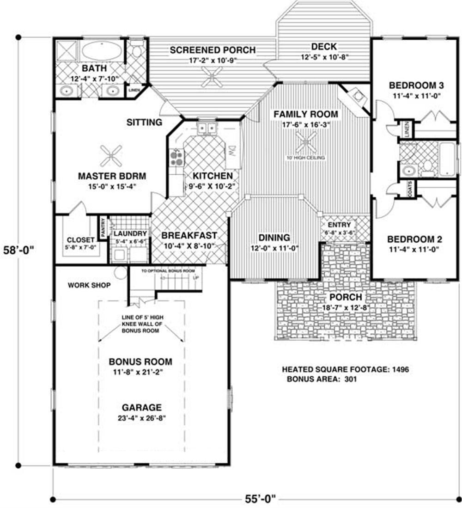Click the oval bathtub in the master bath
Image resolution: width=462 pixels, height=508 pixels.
point(103,51)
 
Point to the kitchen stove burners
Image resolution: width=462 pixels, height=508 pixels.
point(176,159)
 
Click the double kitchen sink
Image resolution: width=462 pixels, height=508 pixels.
point(207,128)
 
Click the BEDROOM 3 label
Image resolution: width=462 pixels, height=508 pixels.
point(416,86)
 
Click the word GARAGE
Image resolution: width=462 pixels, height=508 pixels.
point(142,408)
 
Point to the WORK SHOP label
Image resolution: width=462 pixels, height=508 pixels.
point(89,285)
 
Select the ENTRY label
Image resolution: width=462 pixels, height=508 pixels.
point(340,224)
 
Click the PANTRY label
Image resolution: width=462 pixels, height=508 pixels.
point(103,226)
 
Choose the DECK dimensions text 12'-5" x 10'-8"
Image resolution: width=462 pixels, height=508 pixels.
point(323,57)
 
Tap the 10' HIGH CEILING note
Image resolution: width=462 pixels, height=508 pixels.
point(306,158)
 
